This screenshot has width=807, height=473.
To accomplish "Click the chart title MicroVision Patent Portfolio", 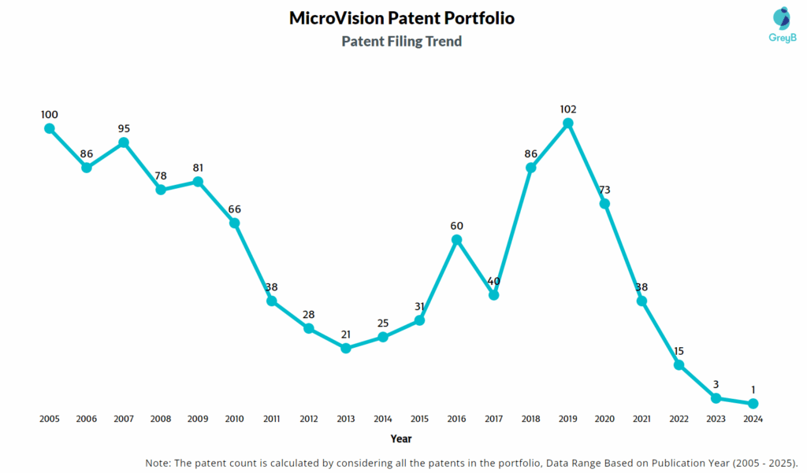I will coord(402,18).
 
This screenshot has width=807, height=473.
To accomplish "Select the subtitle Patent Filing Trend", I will coord(402,42).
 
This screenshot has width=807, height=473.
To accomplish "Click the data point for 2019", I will coord(567,123).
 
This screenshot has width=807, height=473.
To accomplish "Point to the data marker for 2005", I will coord(50,128).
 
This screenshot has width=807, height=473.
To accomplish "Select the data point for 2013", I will coord(346,347).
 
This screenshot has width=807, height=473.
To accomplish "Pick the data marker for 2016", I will coord(457,239).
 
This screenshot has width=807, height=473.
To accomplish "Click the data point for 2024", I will coord(753,403).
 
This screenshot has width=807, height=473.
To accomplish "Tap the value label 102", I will coord(567,109).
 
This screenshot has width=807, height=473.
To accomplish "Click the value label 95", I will coord(124,128).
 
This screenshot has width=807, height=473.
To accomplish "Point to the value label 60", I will coord(457,226).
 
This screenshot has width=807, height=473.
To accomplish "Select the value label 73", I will coord(604,190).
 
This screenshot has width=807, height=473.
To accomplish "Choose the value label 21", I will coord(346,334).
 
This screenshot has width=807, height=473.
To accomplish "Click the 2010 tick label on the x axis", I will coord(235,419).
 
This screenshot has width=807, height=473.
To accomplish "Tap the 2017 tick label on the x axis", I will coord(494,419).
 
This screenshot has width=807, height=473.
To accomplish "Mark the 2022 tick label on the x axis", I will coord(679,419).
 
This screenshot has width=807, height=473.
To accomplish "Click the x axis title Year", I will coord(401,438).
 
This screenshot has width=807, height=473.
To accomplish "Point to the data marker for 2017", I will coord(494,294).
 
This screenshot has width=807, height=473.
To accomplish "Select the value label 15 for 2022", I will coord(679,351).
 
